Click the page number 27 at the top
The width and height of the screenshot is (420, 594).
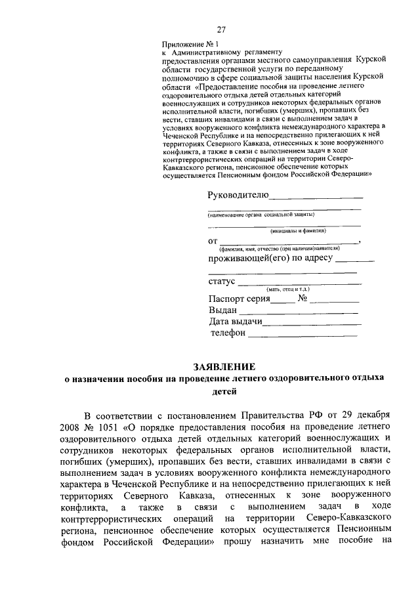222,30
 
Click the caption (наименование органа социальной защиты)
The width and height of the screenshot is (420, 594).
261,215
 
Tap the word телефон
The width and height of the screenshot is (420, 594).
228,333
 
